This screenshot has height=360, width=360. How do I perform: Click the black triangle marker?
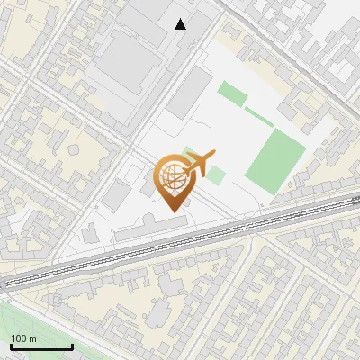(x=181, y=24)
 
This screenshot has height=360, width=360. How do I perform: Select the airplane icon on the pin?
(x=198, y=164)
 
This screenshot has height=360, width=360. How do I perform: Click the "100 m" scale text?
(x=24, y=338)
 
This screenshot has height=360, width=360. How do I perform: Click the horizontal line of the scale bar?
(x=41, y=346)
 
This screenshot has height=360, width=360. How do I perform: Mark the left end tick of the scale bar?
(x=11, y=345)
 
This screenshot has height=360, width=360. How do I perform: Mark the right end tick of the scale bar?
(x=72, y=345)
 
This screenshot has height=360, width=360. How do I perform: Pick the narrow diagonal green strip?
(x=259, y=116)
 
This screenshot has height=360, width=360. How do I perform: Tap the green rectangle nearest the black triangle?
(x=232, y=94)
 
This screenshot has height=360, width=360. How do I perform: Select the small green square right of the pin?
(x=215, y=173)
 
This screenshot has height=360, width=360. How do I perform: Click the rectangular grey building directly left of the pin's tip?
(x=117, y=194)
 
